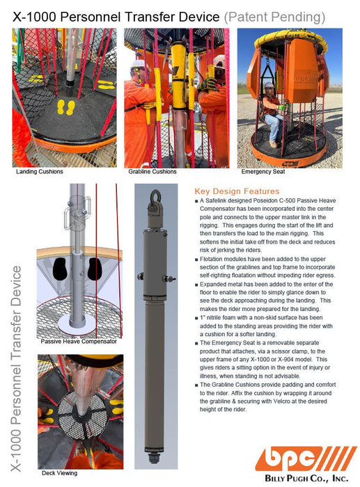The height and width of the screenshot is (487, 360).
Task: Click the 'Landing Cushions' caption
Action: pyautogui.click(x=40, y=171)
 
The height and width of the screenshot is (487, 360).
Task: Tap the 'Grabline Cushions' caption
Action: pyautogui.click(x=152, y=171)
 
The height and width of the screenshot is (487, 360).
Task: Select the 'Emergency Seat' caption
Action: pyautogui.click(x=263, y=171)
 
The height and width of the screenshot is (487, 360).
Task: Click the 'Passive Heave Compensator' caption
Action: pyautogui.click(x=79, y=342)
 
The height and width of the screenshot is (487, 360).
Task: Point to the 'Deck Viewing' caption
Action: pyautogui.click(x=59, y=473)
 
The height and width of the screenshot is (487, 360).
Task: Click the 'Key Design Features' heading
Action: pyautogui.click(x=237, y=191)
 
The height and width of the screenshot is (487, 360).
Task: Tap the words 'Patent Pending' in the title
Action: pyautogui.click(x=275, y=17)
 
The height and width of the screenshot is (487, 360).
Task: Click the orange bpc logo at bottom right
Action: pyautogui.click(x=306, y=458)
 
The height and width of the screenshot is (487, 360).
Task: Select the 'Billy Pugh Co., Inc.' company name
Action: pyautogui.click(x=306, y=478)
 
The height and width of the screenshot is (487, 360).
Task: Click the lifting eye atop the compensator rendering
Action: pyautogui.click(x=155, y=196)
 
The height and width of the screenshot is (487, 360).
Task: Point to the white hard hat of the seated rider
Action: pyautogui.click(x=269, y=85)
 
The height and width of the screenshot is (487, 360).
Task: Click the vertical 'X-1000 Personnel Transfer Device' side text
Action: pyautogui.click(x=16, y=368)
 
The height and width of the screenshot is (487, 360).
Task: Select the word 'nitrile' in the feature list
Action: pyautogui.click(x=215, y=318)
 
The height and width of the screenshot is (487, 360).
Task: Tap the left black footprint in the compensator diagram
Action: pyautogui.click(x=60, y=269)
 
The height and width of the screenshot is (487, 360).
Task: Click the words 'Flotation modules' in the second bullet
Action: pyautogui.click(x=221, y=259)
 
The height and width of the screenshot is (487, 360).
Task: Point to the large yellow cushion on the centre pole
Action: pyautogui.click(x=178, y=74)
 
